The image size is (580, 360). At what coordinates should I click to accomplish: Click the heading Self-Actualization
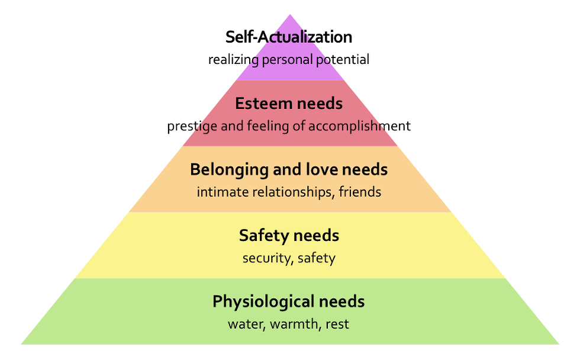coord(289,37)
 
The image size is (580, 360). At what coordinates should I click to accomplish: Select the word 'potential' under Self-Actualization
coord(343,60)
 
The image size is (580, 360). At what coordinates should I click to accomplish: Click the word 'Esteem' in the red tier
coord(263,103)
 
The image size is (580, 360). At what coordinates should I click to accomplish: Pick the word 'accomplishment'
coord(359,126)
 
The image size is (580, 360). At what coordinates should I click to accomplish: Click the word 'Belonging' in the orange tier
coord(229,170)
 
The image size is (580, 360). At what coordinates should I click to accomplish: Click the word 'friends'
coord(360,192)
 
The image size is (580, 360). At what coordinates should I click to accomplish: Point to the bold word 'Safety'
coord(263,236)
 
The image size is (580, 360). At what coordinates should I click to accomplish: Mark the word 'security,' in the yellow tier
coord(268,258)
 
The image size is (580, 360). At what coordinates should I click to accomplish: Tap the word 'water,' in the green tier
coord(247,324)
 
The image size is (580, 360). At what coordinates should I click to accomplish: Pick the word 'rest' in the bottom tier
coord(337,324)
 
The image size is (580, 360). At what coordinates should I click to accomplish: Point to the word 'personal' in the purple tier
coord(288,60)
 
